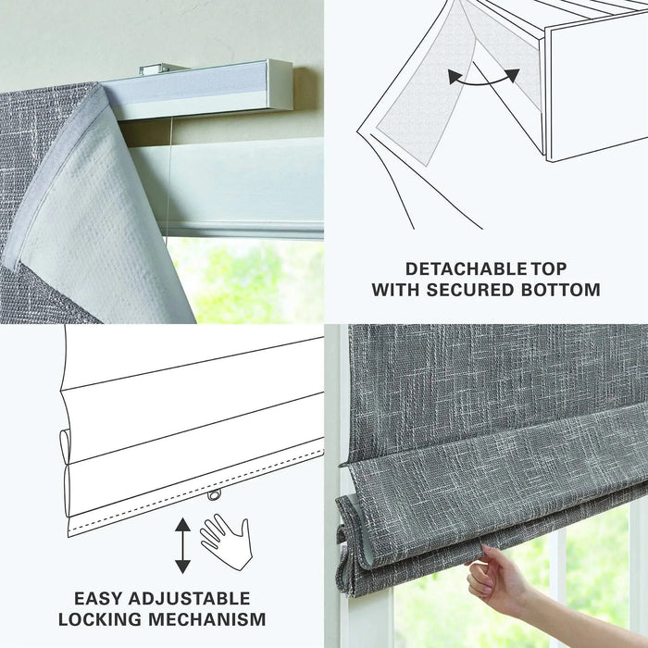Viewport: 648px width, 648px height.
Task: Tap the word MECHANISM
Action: (209, 618)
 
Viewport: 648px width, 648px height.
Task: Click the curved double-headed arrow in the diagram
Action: (480, 78)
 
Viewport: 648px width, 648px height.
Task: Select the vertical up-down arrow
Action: (182, 545)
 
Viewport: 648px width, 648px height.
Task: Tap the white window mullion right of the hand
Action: (556, 574)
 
